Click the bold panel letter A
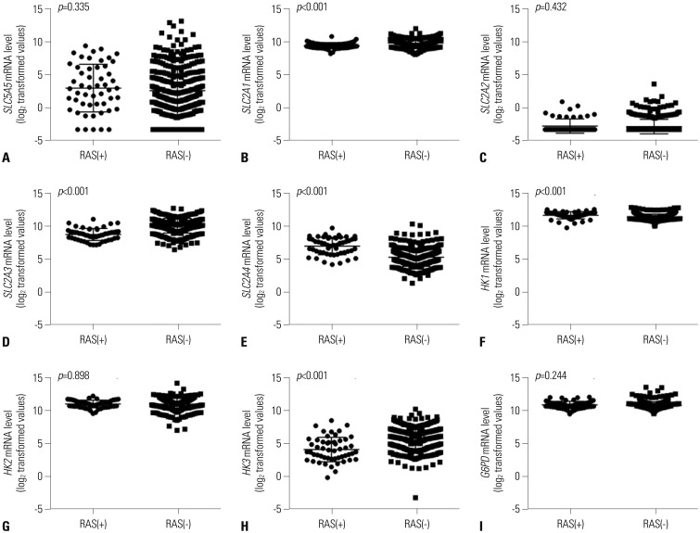(x=7, y=158)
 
